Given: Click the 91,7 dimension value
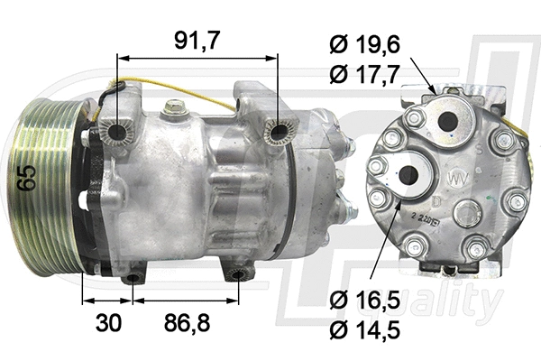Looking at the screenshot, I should (198, 39).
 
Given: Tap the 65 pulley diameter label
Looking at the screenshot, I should (28, 177).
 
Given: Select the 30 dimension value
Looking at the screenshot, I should (106, 323).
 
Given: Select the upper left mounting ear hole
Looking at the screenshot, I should (116, 135).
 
